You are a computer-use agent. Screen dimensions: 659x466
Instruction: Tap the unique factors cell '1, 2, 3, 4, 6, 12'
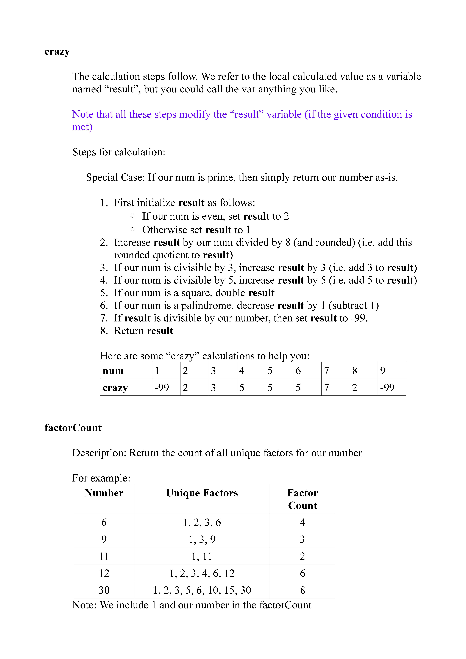point(202,573)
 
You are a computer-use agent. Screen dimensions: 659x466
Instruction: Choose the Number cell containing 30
point(104,590)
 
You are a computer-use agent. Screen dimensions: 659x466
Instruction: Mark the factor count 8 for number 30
point(302,590)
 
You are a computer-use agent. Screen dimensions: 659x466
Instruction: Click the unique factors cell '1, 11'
point(202,556)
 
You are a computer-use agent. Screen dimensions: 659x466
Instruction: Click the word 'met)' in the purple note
point(82,127)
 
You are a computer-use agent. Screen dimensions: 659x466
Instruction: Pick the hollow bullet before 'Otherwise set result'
point(132,229)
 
